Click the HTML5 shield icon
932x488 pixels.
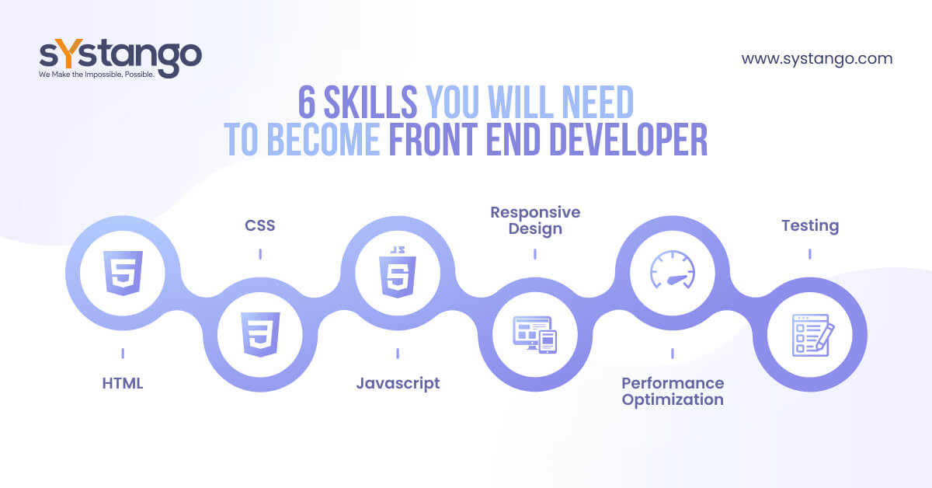click(x=123, y=273)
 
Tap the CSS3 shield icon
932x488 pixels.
click(x=260, y=334)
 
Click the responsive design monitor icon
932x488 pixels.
click(x=534, y=335)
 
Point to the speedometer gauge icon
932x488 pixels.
click(x=673, y=270)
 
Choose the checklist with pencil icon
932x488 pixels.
click(x=813, y=335)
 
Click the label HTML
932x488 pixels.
click(x=123, y=383)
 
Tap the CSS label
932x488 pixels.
click(x=260, y=225)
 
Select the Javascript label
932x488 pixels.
click(x=398, y=384)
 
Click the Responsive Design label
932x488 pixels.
click(x=535, y=221)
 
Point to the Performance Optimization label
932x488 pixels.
click(x=673, y=392)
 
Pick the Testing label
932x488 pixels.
click(x=810, y=226)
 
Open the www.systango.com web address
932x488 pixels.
click(x=817, y=59)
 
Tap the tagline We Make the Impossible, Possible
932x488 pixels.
click(x=96, y=75)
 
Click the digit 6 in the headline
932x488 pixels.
click(x=307, y=102)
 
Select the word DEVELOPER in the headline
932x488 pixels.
click(x=628, y=139)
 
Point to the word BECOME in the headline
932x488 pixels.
click(x=323, y=139)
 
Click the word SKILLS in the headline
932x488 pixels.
click(x=370, y=102)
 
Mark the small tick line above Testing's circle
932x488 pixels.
click(x=809, y=254)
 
